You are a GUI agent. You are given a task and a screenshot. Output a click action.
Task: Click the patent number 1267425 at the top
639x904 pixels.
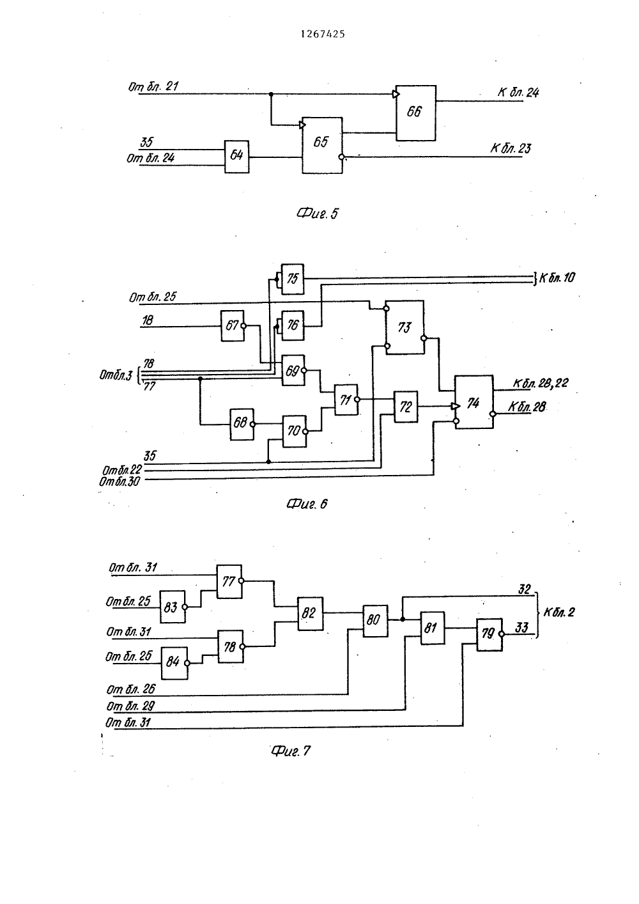pyautogui.click(x=323, y=35)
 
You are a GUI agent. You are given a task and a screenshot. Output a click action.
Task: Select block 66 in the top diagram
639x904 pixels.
pyautogui.click(x=415, y=113)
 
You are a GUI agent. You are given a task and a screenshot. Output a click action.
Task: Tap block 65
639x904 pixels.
pyautogui.click(x=322, y=145)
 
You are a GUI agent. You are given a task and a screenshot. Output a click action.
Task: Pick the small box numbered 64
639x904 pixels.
pyautogui.click(x=237, y=157)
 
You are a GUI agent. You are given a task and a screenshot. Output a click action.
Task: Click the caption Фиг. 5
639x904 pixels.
pyautogui.click(x=318, y=213)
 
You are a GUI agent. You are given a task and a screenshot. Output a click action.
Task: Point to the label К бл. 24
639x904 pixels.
pyautogui.click(x=518, y=93)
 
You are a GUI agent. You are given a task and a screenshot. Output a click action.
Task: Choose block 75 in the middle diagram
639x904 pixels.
pyautogui.click(x=293, y=279)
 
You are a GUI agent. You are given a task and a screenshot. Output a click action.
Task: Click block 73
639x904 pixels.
pyautogui.click(x=404, y=327)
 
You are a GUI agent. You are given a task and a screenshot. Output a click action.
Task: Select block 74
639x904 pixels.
pyautogui.click(x=474, y=402)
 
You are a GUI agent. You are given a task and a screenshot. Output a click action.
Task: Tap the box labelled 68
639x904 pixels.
pyautogui.click(x=242, y=424)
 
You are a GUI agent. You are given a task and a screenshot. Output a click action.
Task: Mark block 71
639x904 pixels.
pyautogui.click(x=346, y=400)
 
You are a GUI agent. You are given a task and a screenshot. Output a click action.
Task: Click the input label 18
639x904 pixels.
pyautogui.click(x=147, y=320)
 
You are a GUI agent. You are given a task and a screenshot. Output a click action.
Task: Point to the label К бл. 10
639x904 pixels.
pyautogui.click(x=557, y=277)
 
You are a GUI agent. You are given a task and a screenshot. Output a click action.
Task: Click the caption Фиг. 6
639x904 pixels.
pyautogui.click(x=307, y=504)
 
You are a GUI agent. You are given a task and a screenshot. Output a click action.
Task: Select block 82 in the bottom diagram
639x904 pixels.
pyautogui.click(x=310, y=614)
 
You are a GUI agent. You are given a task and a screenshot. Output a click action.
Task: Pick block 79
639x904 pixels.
pyautogui.click(x=489, y=635)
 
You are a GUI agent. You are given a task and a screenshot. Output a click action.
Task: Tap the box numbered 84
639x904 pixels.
pyautogui.click(x=174, y=663)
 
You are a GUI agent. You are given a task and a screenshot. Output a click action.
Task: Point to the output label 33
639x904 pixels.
pyautogui.click(x=521, y=628)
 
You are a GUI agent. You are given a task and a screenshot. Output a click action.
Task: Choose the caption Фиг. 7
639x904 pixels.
pyautogui.click(x=291, y=751)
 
